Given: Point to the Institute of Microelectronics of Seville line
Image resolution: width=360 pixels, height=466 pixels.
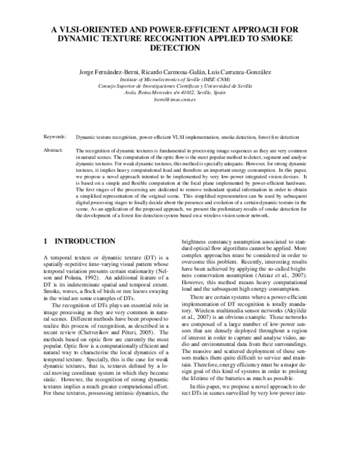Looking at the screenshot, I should point(179,79).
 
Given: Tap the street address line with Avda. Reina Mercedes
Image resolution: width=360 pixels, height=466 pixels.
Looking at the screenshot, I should point(179,92).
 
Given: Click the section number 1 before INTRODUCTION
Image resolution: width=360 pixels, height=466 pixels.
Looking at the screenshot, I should point(46,241).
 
